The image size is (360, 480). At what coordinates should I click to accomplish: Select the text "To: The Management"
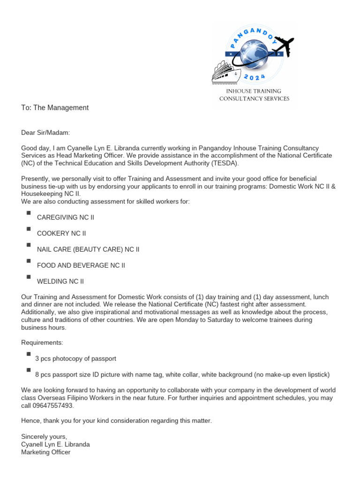(55, 108)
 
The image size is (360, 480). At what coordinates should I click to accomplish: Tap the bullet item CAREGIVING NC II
(66, 217)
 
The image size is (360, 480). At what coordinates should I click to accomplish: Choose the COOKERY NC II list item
(61, 233)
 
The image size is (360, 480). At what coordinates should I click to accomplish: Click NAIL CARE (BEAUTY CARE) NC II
(88, 249)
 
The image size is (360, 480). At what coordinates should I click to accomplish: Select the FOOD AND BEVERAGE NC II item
(81, 265)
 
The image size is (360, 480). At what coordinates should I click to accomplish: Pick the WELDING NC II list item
(60, 281)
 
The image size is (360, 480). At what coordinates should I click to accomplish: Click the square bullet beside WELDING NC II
(29, 277)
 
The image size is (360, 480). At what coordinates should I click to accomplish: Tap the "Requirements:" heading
(42, 343)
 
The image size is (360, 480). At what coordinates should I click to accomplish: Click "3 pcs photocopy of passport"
(75, 359)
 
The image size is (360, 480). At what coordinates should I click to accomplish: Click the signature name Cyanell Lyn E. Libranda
(55, 444)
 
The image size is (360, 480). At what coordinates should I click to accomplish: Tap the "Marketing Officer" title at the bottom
(45, 452)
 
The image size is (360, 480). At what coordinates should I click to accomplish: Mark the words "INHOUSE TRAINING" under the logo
(254, 91)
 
